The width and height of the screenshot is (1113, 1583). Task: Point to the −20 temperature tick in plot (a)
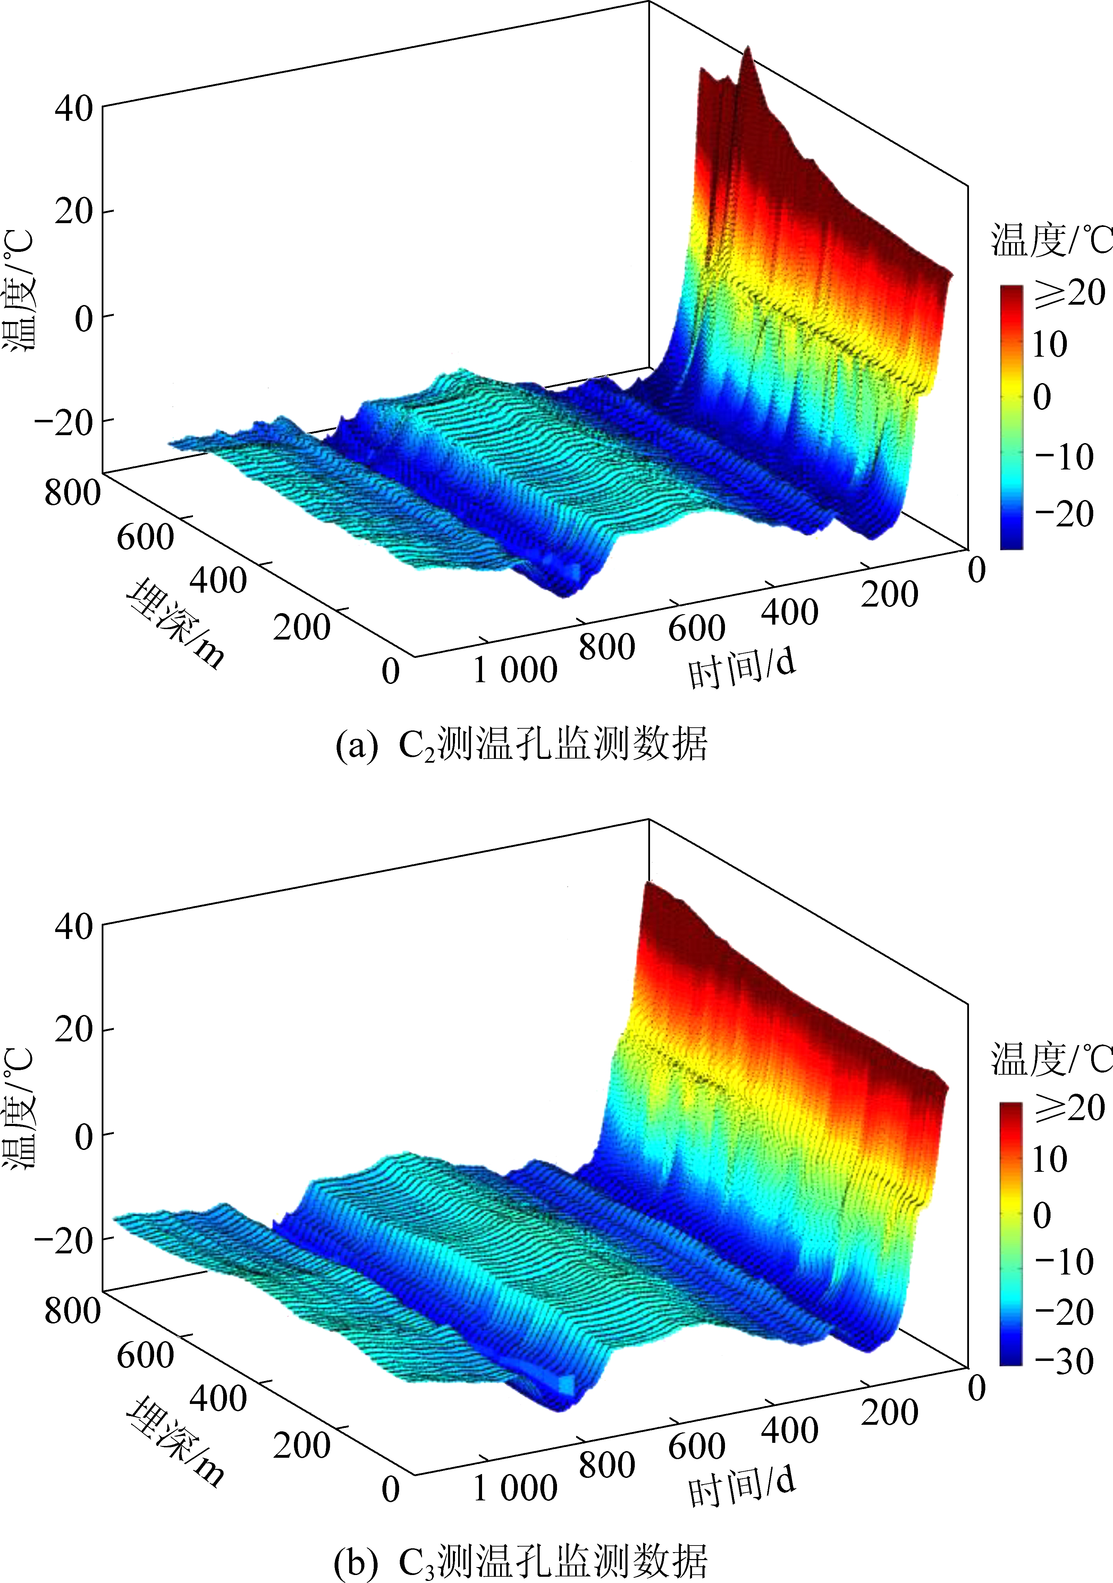pyautogui.click(x=64, y=422)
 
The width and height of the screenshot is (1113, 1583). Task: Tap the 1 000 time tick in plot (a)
pyautogui.click(x=514, y=670)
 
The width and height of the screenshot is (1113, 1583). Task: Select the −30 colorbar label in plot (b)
pyautogui.click(x=1064, y=1362)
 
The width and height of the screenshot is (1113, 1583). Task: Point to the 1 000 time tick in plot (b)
pyautogui.click(x=514, y=1488)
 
